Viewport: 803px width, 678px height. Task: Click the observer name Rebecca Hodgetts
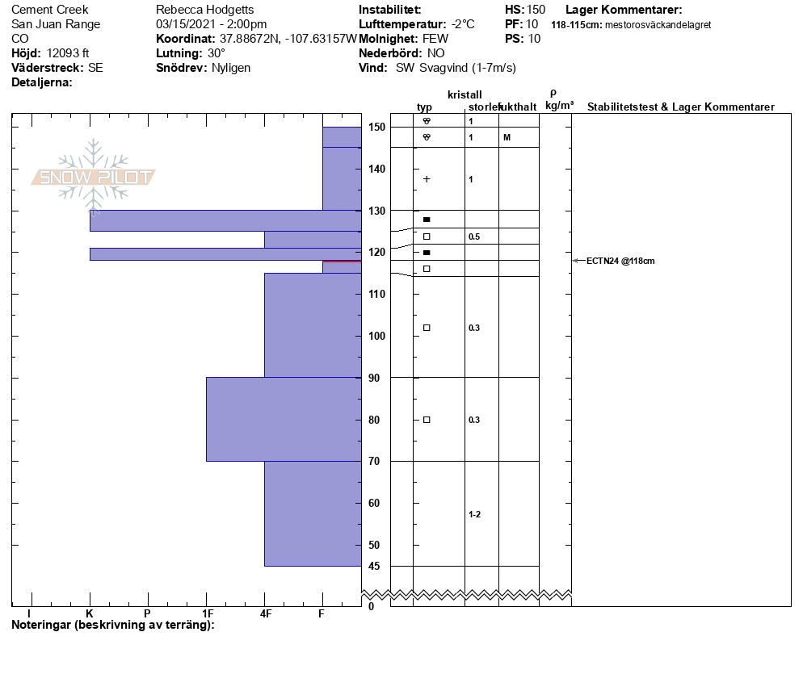click(x=205, y=10)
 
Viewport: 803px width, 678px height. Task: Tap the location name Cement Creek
click(x=49, y=10)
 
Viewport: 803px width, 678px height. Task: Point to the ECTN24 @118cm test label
click(x=620, y=261)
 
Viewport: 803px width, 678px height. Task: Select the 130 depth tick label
click(x=377, y=211)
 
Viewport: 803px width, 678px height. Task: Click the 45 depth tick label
click(x=374, y=566)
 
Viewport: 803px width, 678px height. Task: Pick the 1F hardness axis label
click(x=208, y=613)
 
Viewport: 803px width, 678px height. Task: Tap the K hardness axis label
click(x=89, y=613)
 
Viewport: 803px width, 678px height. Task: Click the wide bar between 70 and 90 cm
click(x=284, y=419)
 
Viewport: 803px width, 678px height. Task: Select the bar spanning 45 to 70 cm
click(x=313, y=513)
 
